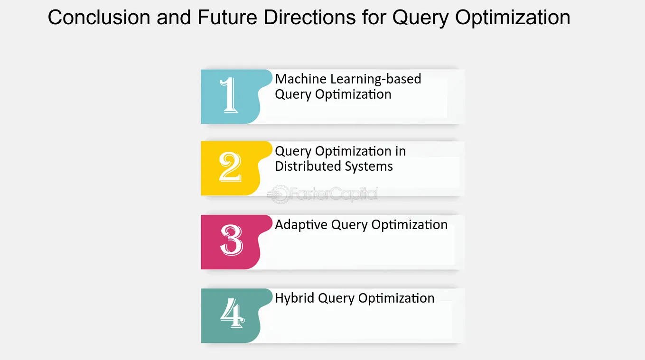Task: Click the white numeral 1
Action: tap(229, 95)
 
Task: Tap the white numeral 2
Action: tap(230, 167)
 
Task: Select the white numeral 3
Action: tap(232, 240)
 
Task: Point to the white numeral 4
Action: tap(233, 313)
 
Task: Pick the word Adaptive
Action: tap(301, 225)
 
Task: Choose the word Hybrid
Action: tap(295, 298)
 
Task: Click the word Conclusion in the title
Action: tap(99, 17)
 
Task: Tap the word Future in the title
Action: tap(227, 17)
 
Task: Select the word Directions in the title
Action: tap(309, 17)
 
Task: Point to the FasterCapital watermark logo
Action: tap(323, 194)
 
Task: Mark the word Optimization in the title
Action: tap(513, 18)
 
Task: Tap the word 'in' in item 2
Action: tap(401, 151)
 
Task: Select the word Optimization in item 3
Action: tap(410, 225)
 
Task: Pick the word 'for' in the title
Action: tap(374, 17)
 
